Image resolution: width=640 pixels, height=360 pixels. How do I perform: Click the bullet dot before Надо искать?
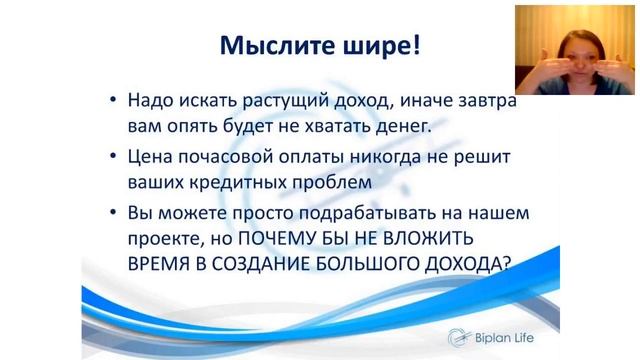point(115,101)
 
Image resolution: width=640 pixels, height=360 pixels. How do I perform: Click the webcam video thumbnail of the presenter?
point(575,48)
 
